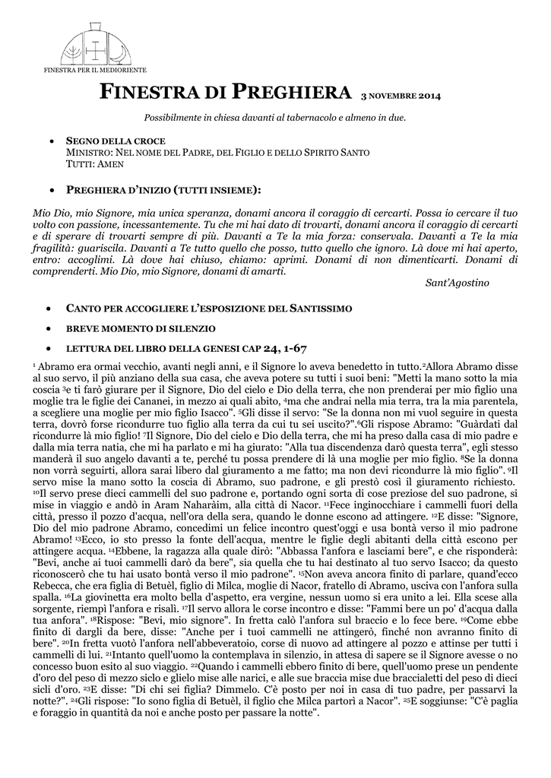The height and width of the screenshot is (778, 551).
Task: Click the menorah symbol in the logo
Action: tap(77, 51)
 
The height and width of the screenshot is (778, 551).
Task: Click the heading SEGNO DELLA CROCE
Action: tap(116, 142)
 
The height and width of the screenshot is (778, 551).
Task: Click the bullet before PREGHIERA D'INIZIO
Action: tap(49, 188)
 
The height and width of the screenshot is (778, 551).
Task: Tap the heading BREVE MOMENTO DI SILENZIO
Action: tap(141, 328)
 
